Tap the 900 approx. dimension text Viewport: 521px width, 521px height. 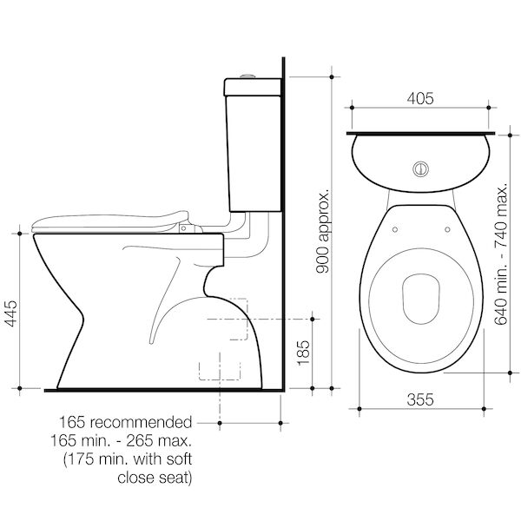coord(322,230)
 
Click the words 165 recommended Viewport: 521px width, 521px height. coord(133,423)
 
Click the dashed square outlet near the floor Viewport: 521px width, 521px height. coord(212,368)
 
